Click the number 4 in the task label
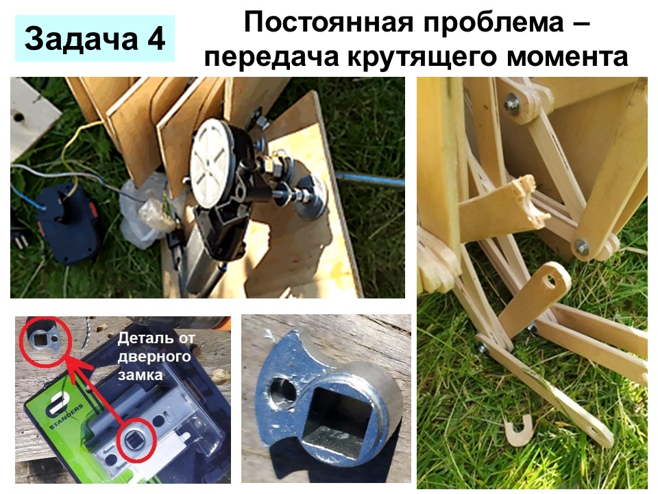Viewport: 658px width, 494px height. coord(156,38)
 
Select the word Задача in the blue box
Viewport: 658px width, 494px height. coord(81,38)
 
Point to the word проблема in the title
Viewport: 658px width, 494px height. coord(493,23)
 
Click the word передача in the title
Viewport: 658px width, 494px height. coord(271,57)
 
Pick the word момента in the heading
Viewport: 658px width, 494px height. coord(568,58)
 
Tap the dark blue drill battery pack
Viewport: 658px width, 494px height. coord(67,222)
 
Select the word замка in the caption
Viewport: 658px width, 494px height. coord(140,375)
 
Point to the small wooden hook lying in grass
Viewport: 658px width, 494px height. coord(520,432)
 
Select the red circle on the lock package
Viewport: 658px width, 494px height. coord(137,439)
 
